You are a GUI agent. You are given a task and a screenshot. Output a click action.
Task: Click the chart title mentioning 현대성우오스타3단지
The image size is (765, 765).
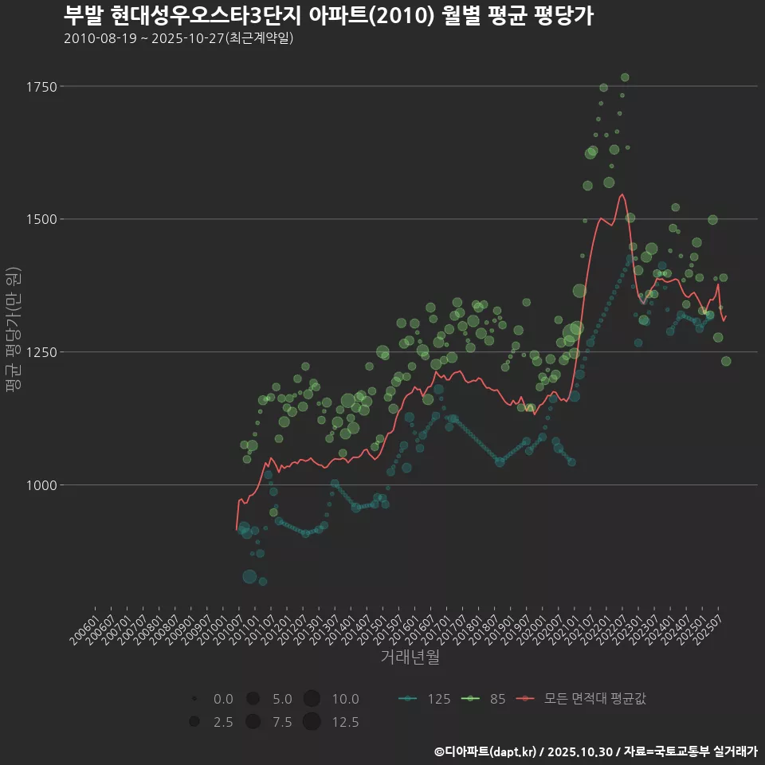click(x=328, y=16)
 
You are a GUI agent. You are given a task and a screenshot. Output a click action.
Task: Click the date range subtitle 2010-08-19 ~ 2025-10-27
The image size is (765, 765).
click(x=178, y=38)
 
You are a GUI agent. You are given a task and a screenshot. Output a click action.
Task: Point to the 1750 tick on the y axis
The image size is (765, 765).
click(x=41, y=86)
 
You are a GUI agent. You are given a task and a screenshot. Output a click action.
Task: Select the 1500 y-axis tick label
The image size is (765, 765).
click(x=41, y=219)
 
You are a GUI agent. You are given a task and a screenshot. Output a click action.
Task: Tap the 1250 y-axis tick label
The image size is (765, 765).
click(x=41, y=352)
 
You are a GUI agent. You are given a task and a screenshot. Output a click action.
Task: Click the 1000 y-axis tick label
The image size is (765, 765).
click(x=41, y=485)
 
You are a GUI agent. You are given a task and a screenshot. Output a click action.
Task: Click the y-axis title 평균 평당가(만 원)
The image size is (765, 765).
click(x=14, y=331)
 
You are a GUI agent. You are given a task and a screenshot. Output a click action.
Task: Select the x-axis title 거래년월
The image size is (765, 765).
click(x=410, y=657)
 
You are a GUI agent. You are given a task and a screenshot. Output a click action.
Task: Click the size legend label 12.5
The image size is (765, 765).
click(x=345, y=722)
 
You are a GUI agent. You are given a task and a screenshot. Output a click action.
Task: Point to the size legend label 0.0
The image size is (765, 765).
click(x=224, y=699)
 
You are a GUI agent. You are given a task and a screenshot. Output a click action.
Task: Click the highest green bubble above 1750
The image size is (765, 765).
click(x=625, y=77)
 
